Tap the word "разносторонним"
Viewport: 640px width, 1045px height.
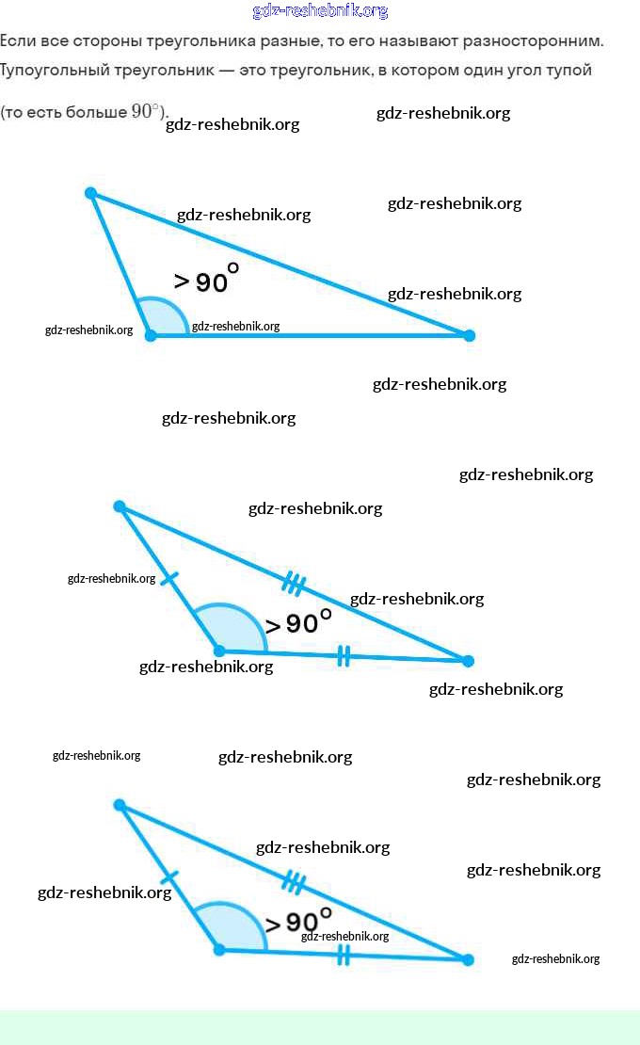pos(542,41)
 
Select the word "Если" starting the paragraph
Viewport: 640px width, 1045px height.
pos(17,41)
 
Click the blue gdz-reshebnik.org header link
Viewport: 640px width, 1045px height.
pos(320,11)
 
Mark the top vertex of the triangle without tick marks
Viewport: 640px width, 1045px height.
pos(90,193)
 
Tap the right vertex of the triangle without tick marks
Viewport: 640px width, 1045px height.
pos(470,335)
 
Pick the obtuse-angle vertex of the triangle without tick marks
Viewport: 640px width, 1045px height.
pos(151,335)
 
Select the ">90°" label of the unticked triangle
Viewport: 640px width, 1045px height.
pos(206,279)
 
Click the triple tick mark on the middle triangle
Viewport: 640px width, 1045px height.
pos(294,585)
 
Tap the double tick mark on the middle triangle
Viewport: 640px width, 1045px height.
pos(344,656)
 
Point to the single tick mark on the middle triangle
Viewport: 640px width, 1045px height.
pos(169,578)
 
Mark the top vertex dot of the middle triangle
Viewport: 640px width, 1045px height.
pos(120,506)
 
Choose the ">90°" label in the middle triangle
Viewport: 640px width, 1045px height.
pos(298,621)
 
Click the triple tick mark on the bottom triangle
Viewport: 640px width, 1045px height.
pos(294,883)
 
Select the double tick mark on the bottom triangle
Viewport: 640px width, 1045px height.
pos(344,956)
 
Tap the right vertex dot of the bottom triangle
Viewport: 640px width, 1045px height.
pos(468,959)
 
